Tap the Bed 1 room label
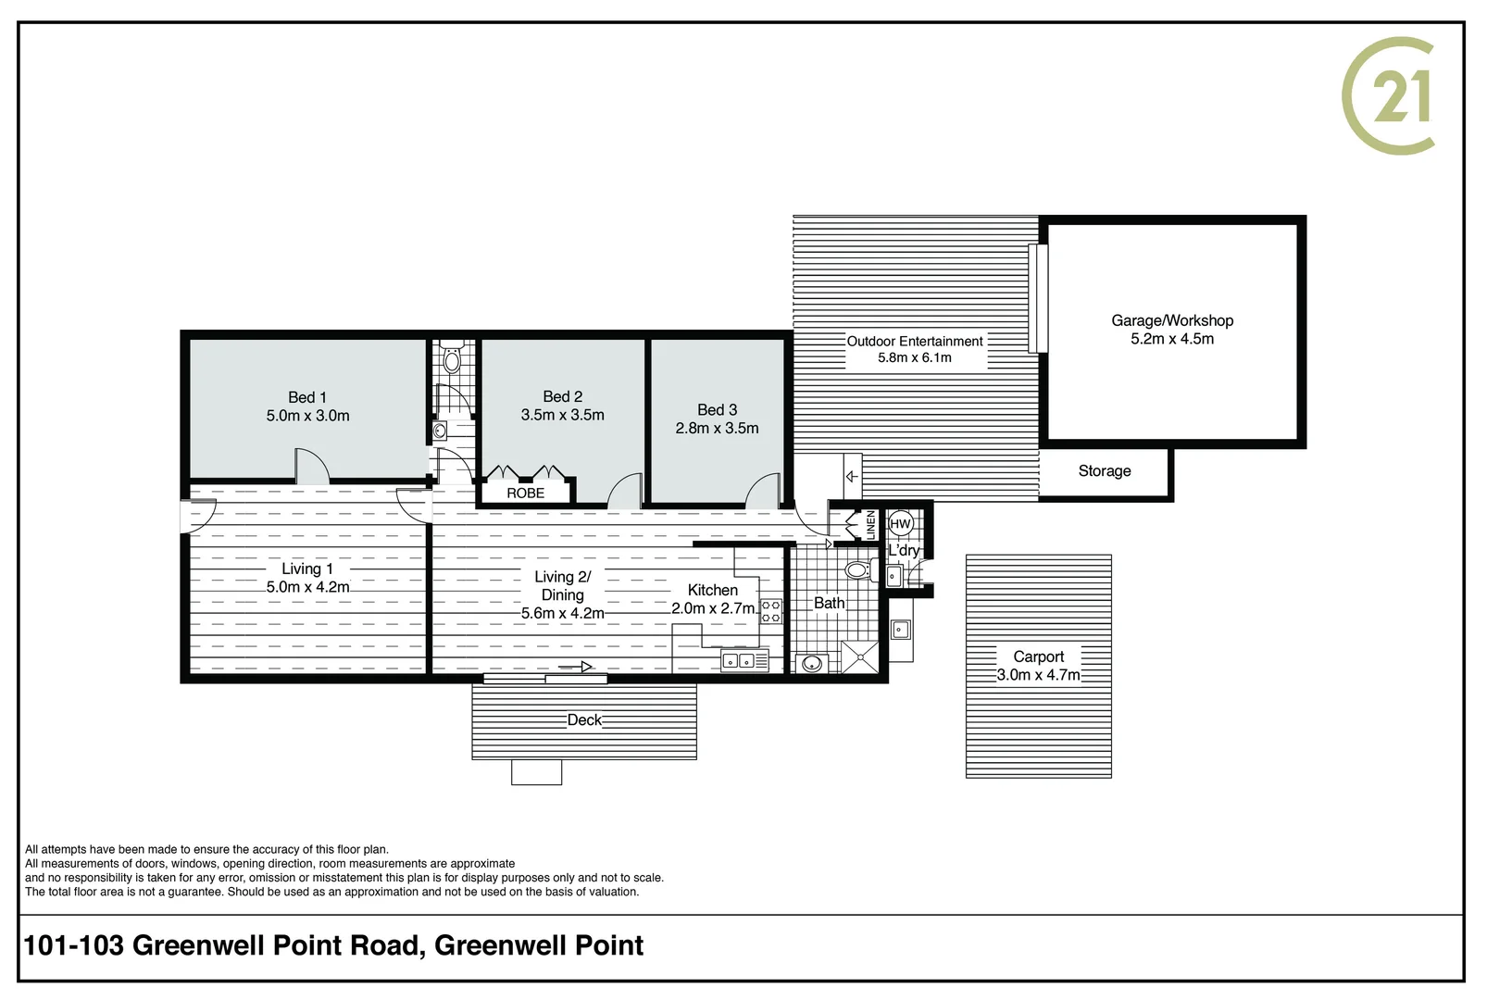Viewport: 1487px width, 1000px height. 306,397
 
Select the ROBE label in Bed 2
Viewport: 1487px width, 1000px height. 525,494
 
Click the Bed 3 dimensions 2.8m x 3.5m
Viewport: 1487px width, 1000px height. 717,429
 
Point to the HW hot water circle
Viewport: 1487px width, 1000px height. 900,524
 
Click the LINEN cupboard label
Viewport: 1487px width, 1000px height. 870,525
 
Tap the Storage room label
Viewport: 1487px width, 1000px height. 1104,471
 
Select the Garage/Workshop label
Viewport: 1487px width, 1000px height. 1172,320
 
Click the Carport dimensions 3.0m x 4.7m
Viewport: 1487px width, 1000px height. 1038,676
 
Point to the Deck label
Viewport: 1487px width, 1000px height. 584,720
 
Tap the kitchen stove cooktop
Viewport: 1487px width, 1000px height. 770,611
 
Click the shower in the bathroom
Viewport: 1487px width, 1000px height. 860,656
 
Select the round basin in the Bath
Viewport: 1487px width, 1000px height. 813,663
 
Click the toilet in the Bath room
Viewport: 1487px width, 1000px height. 857,569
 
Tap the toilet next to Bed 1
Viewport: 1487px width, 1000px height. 452,359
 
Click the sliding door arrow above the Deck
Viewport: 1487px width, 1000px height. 575,667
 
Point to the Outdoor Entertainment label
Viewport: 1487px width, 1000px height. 915,342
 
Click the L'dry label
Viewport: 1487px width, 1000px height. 904,551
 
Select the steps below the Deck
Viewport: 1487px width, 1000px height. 536,772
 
